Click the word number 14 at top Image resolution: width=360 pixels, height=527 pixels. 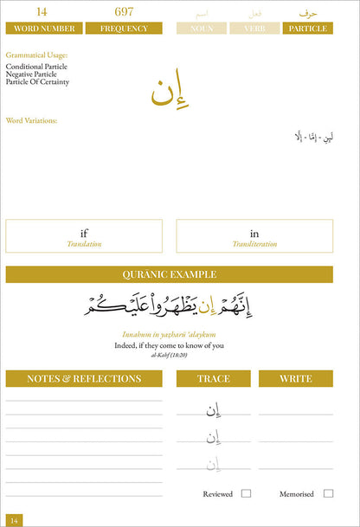(x=41, y=12)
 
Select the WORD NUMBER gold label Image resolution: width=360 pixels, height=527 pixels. (x=41, y=29)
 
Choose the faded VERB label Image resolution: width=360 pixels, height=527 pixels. (x=254, y=29)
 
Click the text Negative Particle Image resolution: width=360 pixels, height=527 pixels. (x=34, y=74)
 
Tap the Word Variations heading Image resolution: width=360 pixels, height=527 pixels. (x=31, y=120)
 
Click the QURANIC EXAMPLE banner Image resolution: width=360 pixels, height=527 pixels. (x=170, y=274)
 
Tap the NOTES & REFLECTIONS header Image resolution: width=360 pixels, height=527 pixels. (x=84, y=379)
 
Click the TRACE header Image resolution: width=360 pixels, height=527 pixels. (x=213, y=379)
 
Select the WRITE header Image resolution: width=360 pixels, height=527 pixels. (x=296, y=379)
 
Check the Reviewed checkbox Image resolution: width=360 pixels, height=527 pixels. (x=247, y=493)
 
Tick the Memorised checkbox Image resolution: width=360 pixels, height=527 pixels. (x=329, y=493)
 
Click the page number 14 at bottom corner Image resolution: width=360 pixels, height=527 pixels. (x=15, y=519)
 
